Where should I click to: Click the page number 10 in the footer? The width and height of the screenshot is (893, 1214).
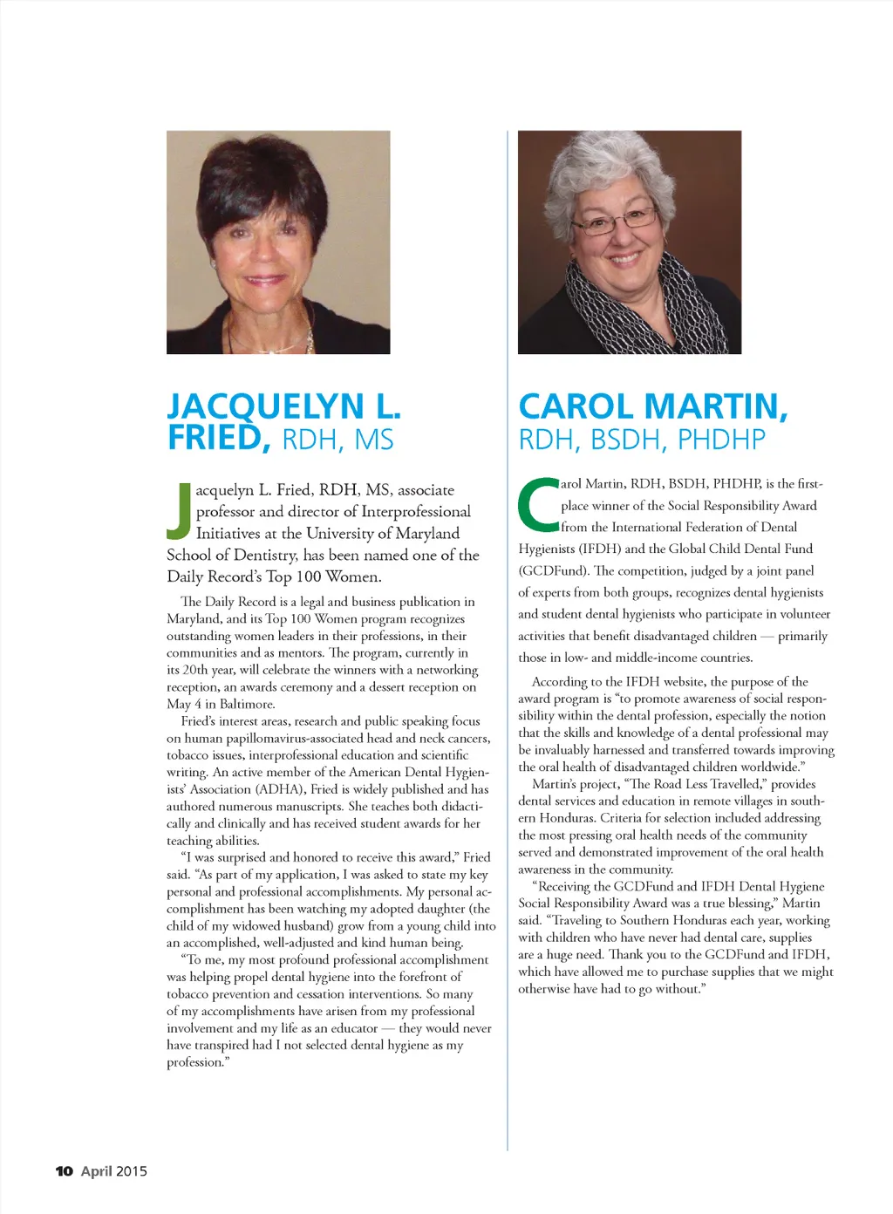64,1171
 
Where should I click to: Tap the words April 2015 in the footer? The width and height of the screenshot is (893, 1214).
114,1171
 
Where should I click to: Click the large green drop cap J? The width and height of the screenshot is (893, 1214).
179,511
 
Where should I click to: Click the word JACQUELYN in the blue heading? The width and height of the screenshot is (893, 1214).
265,406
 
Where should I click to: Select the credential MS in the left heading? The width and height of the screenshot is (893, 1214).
374,440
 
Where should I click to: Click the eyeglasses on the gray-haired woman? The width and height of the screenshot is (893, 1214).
616,219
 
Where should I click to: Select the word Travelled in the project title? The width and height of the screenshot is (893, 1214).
735,784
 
